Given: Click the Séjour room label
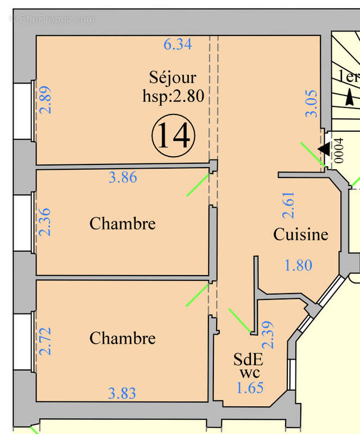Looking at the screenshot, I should [x=172, y=78].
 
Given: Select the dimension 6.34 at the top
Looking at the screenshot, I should [x=178, y=44].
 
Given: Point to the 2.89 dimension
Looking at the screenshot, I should [x=47, y=100].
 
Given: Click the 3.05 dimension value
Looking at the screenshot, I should [x=311, y=105].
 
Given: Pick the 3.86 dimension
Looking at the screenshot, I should [x=123, y=177].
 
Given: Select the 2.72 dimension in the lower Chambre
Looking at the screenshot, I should [x=47, y=341].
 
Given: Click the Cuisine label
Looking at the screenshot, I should [x=300, y=234].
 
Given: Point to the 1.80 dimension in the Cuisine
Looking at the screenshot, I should [x=299, y=265].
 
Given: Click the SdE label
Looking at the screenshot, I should [x=248, y=360].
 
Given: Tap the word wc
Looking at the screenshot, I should [x=249, y=373].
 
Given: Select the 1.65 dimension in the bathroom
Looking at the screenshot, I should [x=250, y=387].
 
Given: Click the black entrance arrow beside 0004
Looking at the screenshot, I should [x=324, y=149].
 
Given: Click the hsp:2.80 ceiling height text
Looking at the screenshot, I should [x=169, y=97].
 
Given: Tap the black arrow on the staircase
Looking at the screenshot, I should [x=349, y=98].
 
